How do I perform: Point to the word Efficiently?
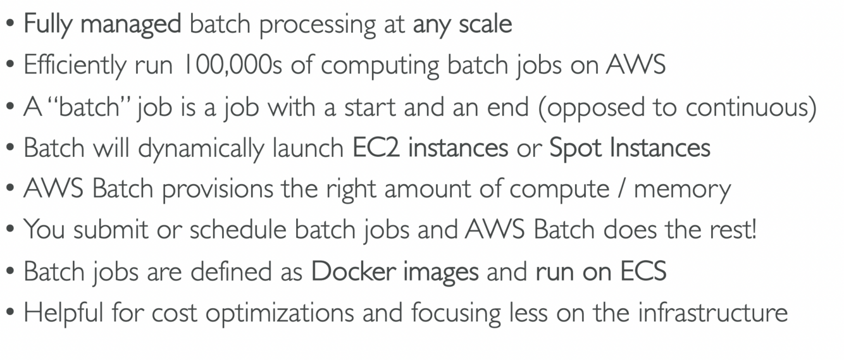tap(74, 65)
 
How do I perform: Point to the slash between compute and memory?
tap(621, 189)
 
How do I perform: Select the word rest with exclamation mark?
tap(735, 230)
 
